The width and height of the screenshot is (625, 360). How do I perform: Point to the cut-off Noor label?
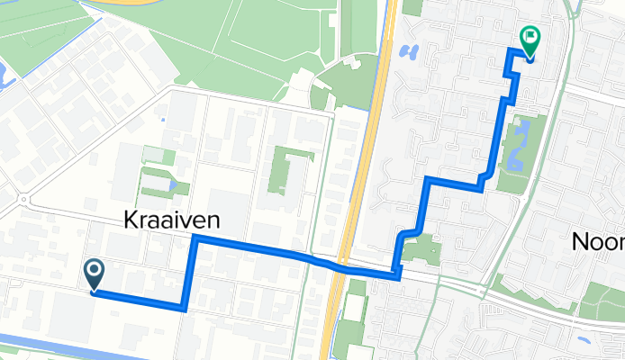(599, 241)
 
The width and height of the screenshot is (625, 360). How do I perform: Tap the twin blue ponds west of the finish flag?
(411, 50)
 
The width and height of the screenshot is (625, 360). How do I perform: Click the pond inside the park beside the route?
(515, 159)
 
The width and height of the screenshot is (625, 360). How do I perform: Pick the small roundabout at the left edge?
(23, 199)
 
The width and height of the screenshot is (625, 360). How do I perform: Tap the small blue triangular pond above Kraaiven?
(172, 184)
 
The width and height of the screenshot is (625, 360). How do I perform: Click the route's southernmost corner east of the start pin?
(184, 308)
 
